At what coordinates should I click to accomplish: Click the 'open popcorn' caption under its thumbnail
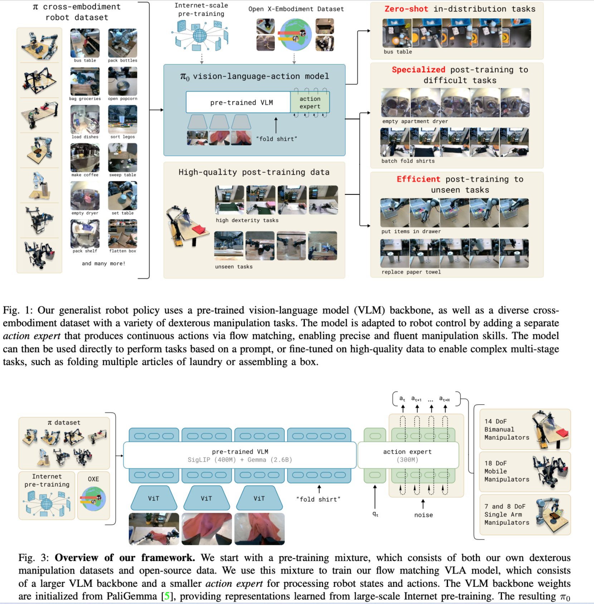click(x=122, y=99)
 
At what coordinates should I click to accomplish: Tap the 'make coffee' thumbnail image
click(x=85, y=158)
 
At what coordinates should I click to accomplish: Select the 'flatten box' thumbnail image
click(x=122, y=234)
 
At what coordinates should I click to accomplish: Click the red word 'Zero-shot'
click(x=406, y=9)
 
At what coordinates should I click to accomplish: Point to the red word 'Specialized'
click(x=418, y=70)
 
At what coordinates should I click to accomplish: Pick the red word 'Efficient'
click(x=418, y=179)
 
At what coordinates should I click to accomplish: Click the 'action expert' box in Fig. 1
click(x=310, y=102)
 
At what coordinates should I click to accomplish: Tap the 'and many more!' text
click(x=103, y=264)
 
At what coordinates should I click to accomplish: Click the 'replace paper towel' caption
click(x=411, y=272)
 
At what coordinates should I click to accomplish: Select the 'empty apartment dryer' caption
click(x=415, y=121)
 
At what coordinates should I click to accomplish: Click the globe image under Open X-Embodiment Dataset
click(x=296, y=35)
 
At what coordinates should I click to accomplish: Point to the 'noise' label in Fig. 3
click(x=423, y=515)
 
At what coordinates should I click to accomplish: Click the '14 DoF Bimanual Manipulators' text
click(x=506, y=429)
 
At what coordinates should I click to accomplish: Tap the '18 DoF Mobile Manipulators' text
click(x=506, y=471)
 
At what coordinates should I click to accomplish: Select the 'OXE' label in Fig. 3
click(x=93, y=479)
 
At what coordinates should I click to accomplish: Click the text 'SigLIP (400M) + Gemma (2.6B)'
click(x=240, y=460)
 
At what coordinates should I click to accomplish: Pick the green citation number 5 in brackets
click(x=167, y=596)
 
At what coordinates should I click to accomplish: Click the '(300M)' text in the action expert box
click(x=407, y=460)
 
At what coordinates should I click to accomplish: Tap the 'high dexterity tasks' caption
click(x=247, y=220)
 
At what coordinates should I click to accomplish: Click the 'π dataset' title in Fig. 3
click(x=64, y=423)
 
